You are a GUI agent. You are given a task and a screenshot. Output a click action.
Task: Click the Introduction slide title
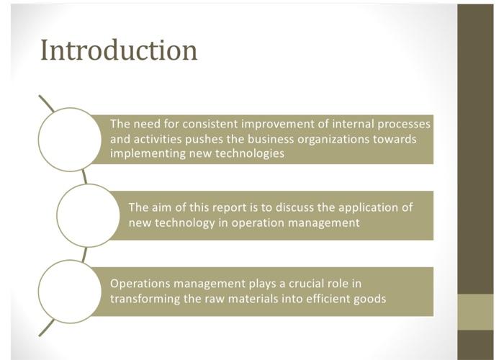(119, 50)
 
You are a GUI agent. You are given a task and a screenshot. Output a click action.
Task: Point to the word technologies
(249, 154)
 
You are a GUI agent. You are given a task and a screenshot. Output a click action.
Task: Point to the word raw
(220, 299)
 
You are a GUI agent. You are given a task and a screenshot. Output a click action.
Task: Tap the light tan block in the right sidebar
(475, 311)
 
